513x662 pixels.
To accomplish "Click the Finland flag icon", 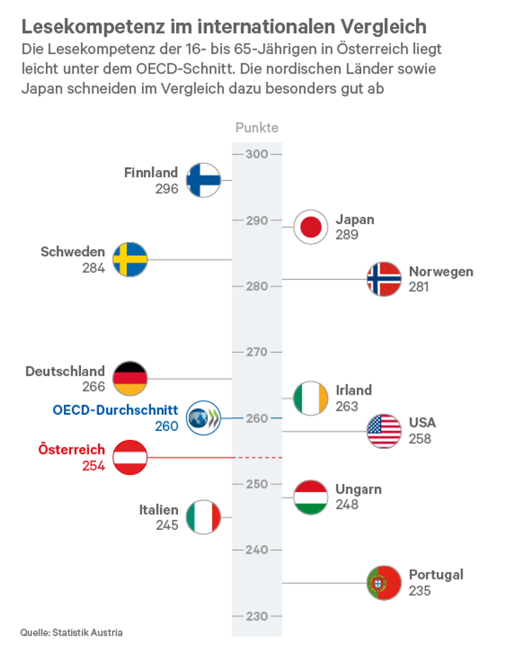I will point(203,180).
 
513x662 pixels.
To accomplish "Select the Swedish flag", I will point(130,259).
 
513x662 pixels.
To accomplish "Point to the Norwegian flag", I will point(384,279).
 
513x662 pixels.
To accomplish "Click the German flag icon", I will point(130,379).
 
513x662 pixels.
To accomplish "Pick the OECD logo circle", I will point(203,418).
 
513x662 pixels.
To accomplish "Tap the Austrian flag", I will point(130,457).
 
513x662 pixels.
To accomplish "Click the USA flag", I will point(384,431).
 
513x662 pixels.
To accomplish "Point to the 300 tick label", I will point(257,154).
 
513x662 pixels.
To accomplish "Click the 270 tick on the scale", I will point(257,352).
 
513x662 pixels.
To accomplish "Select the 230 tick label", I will point(257,616).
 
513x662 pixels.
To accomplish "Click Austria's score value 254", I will point(94,466).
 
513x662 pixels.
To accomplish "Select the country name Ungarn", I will point(358,489).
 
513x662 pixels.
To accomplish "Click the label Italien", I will point(159,510).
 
